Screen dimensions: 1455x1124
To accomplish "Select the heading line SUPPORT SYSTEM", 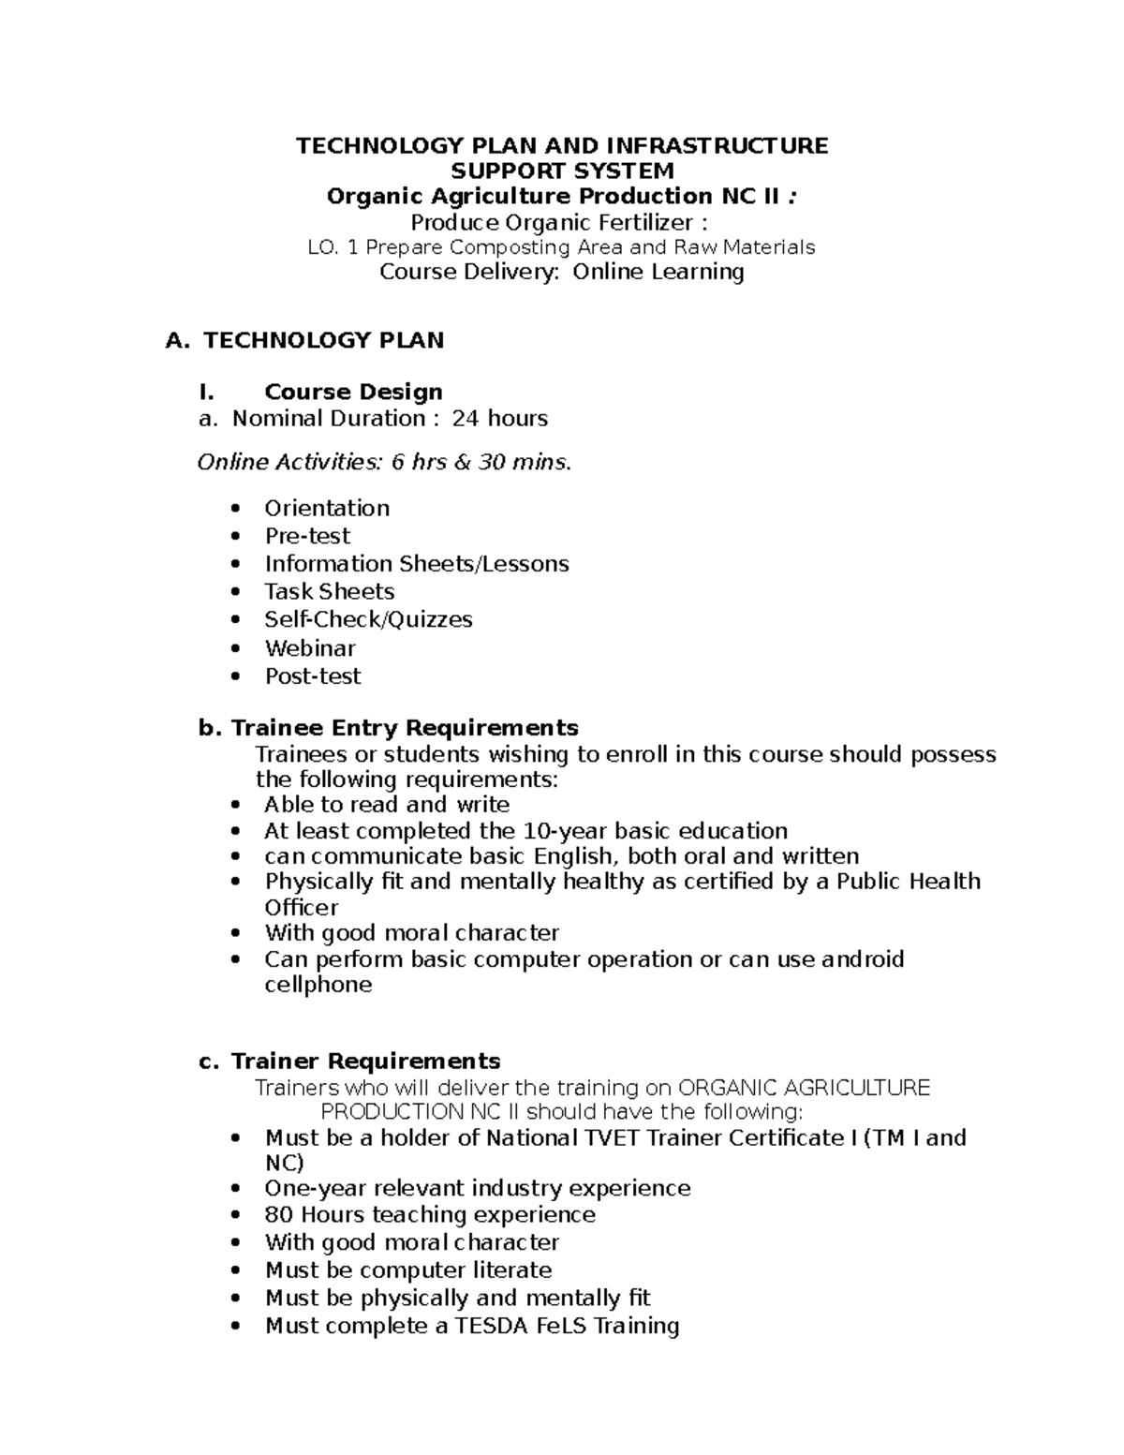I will (562, 171).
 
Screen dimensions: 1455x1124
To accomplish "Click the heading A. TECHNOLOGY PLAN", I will (304, 340).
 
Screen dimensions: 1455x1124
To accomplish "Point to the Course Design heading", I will (353, 392).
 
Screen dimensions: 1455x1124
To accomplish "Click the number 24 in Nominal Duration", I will (466, 418).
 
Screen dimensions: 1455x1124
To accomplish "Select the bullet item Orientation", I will (327, 508).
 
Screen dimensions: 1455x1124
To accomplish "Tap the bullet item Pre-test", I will (307, 536).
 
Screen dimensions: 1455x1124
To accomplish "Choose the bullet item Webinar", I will (310, 648).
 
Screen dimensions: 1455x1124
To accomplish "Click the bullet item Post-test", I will (313, 676).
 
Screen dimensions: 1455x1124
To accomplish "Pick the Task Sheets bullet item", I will (329, 591).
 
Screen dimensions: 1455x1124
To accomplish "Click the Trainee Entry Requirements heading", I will (404, 728).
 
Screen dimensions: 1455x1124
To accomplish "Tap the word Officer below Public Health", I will (302, 908).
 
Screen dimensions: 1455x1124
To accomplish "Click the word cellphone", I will (318, 985).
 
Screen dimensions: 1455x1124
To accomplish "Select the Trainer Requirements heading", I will (365, 1061).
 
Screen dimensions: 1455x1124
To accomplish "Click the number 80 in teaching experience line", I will (279, 1215).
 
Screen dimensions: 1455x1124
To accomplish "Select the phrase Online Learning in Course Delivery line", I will (658, 272).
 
